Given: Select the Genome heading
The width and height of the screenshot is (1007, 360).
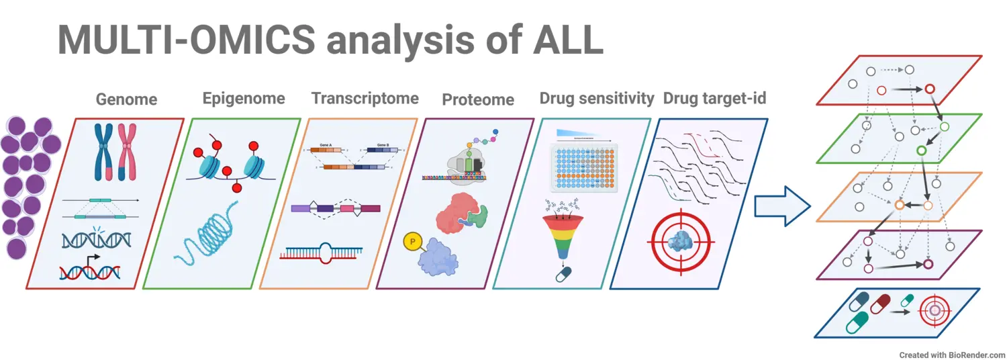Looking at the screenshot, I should coord(126,99).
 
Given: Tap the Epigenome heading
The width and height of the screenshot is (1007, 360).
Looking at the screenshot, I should coord(244,99).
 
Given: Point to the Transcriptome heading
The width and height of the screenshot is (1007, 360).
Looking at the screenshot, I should coord(365,99).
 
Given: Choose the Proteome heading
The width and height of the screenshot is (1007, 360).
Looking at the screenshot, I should coord(477,99).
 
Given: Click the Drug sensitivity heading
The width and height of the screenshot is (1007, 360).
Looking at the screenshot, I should coord(596,99).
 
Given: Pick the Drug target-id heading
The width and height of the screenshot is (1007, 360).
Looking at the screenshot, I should coord(714,99).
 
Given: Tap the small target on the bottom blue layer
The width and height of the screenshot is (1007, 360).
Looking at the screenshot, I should coord(934,310).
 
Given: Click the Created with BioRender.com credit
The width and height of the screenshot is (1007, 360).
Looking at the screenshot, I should coord(952,355).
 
